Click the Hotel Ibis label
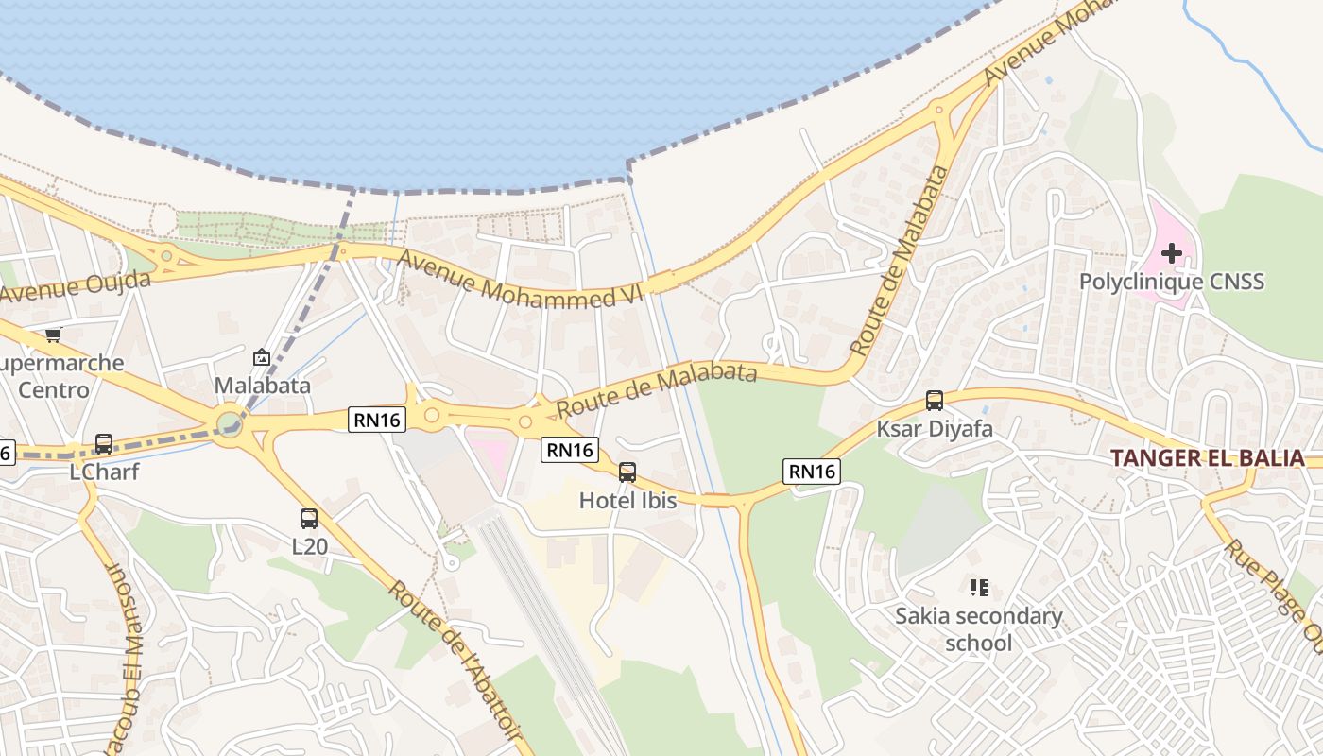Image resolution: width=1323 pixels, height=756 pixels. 628,500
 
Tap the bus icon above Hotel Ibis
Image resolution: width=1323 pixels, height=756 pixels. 627,472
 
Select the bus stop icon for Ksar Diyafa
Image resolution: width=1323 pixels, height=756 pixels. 935,401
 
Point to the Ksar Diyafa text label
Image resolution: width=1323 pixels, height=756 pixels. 935,429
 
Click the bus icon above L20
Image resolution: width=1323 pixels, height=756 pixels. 309,518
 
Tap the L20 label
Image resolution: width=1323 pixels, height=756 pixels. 309,545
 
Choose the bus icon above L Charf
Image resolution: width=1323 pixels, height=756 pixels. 104,444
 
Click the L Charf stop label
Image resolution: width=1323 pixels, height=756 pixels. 104,471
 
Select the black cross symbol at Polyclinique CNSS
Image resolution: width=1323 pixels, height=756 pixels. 1172,253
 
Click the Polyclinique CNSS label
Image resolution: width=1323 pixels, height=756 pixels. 1172,282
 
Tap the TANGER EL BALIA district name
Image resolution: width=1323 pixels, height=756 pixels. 1207,458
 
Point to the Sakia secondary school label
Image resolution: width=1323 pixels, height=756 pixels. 979,629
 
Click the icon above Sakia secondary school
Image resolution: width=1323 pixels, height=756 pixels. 979,588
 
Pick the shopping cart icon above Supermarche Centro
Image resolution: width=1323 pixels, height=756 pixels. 54,335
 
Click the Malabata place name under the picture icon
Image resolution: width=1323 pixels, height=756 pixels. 262,385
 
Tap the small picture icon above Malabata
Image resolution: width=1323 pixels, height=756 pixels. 262,357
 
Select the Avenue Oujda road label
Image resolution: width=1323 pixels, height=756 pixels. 76,286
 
